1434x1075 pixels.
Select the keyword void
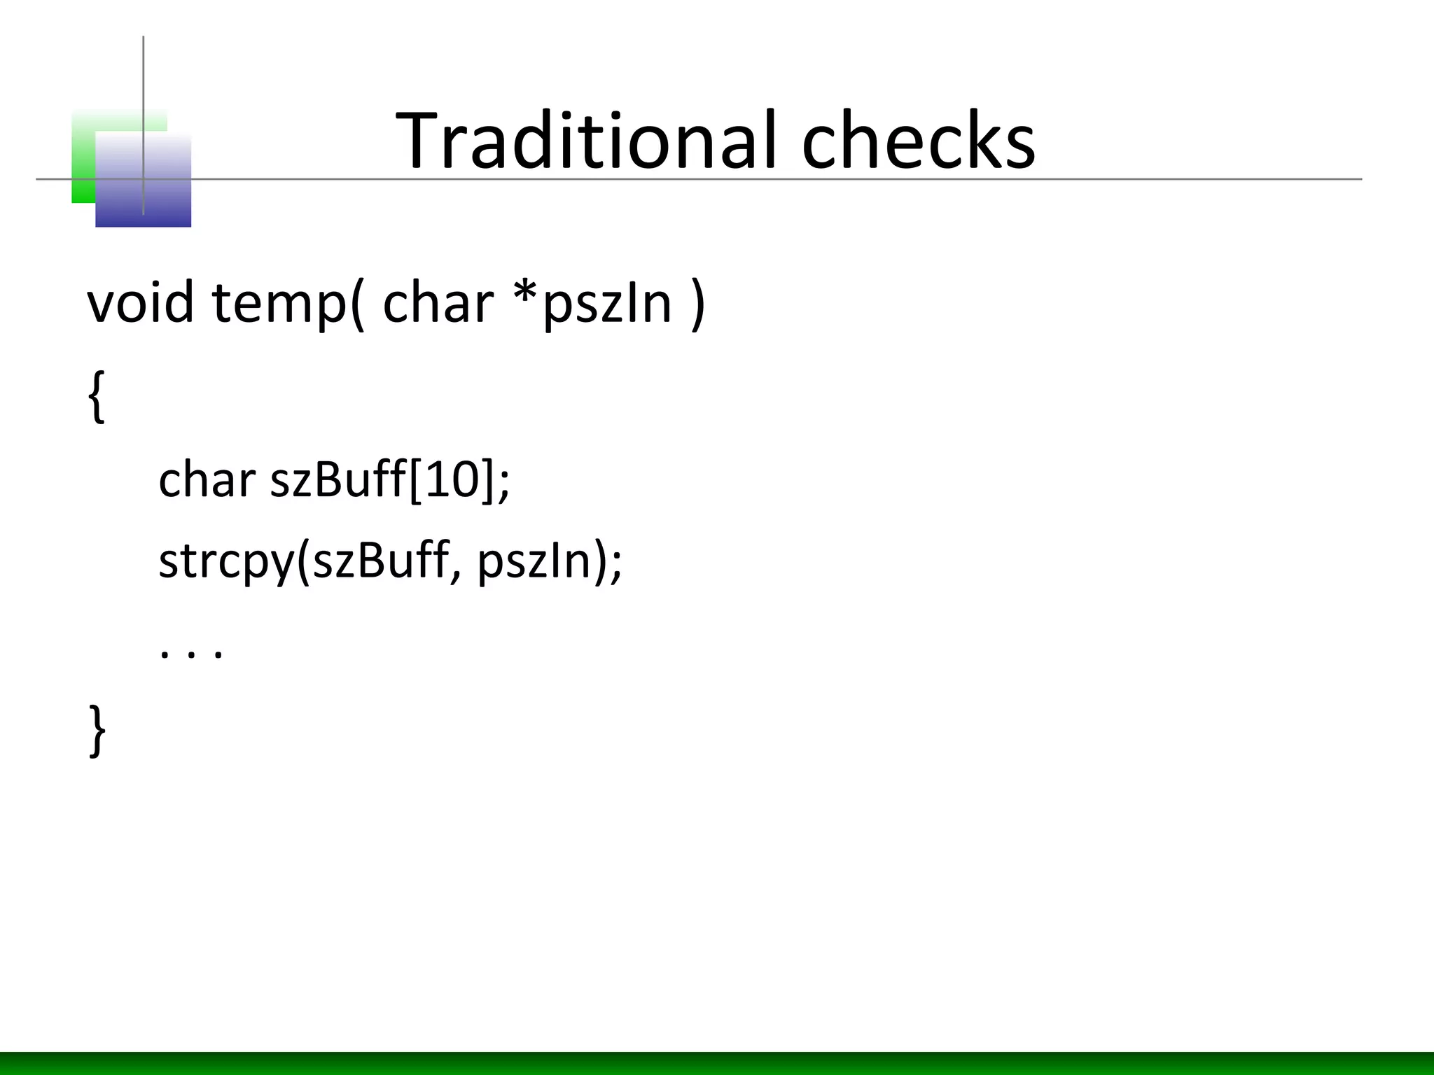pyautogui.click(x=140, y=303)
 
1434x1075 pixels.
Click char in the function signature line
pyautogui.click(x=438, y=303)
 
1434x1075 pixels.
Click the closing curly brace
pyautogui.click(x=97, y=731)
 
